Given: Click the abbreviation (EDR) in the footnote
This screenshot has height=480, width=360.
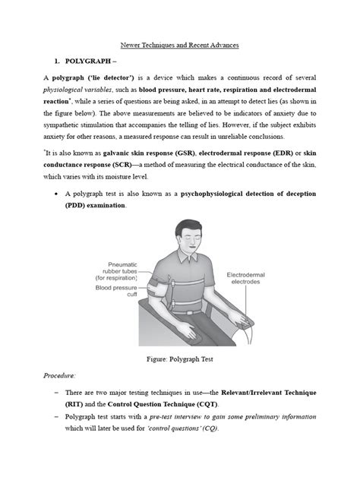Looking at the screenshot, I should [282, 153].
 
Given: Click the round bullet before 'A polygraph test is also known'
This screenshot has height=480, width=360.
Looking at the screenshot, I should [58, 194].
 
